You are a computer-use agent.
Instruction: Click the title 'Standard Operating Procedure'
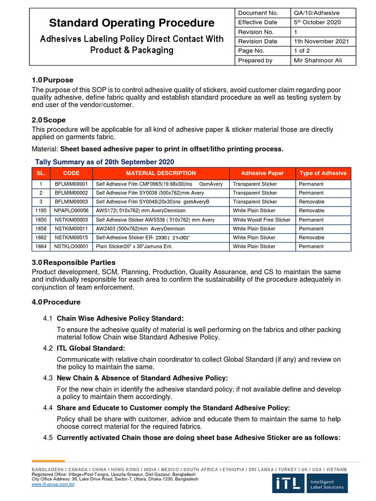(x=132, y=23)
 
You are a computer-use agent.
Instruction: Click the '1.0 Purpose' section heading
(x=52, y=80)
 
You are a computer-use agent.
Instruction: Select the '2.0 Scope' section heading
(x=48, y=120)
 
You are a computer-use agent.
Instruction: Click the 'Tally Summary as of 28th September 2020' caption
(x=104, y=162)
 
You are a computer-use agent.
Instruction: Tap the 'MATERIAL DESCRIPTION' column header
(x=161, y=173)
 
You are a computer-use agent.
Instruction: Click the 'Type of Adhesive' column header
(x=323, y=173)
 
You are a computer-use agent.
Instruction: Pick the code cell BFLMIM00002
(x=71, y=193)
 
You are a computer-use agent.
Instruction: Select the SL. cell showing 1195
(x=41, y=211)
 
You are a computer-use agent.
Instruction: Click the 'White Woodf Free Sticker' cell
(x=261, y=220)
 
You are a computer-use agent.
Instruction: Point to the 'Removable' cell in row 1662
(x=311, y=238)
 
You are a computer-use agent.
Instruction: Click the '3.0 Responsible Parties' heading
(x=73, y=262)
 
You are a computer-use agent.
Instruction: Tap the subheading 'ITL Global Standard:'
(x=91, y=348)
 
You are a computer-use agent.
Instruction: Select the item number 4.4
(x=47, y=408)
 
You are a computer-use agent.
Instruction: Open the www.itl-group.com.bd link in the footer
(x=53, y=484)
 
